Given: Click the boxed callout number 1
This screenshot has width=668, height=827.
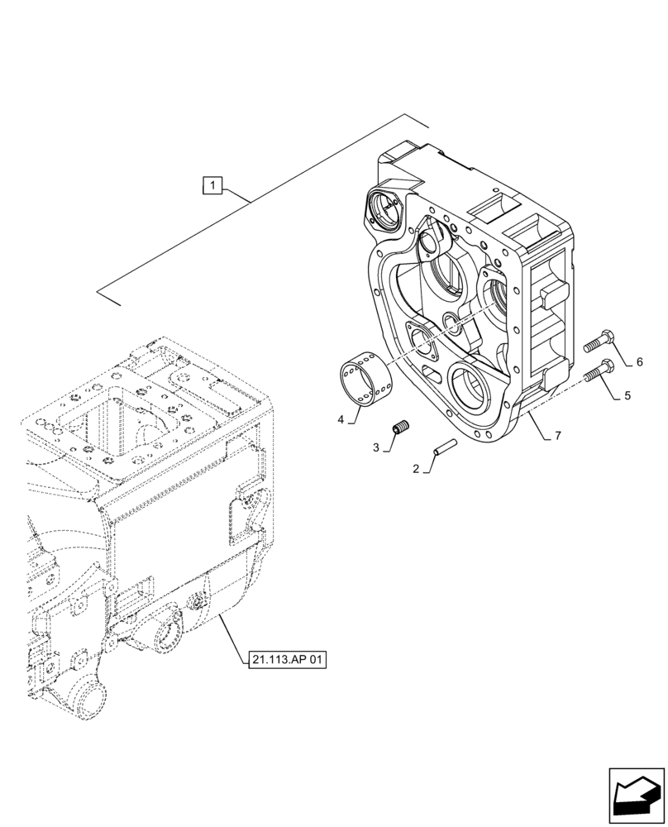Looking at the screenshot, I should pyautogui.click(x=213, y=186).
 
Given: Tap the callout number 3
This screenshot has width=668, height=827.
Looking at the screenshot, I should pyautogui.click(x=376, y=447).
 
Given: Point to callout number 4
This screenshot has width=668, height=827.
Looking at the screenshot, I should pyautogui.click(x=341, y=419).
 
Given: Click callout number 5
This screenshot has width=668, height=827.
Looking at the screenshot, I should pyautogui.click(x=627, y=395).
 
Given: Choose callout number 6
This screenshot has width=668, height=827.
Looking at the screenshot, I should pyautogui.click(x=639, y=362).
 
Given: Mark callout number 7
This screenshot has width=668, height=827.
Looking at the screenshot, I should pyautogui.click(x=560, y=435).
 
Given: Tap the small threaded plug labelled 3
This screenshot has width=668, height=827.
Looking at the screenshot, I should pyautogui.click(x=402, y=428).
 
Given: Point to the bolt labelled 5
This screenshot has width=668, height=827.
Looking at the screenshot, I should pyautogui.click(x=599, y=371).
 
